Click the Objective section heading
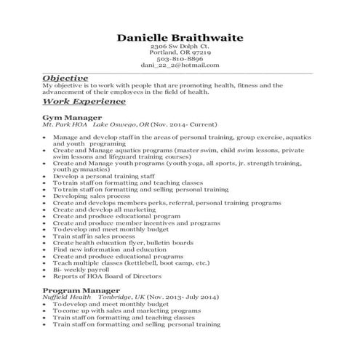tap(65, 78)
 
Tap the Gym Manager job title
tap(72, 118)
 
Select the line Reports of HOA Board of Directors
tap(110, 276)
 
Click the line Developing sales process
tap(92, 196)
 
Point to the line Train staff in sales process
tap(94, 236)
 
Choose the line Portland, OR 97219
tap(180, 53)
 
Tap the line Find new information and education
tap(110, 249)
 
